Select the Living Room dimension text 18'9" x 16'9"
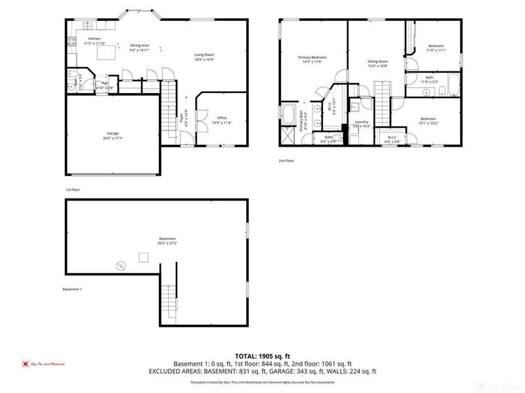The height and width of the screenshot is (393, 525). point(203,60)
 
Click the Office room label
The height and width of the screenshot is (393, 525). point(222,118)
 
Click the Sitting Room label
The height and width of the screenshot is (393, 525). point(377,61)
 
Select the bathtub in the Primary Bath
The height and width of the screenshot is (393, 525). point(288,115)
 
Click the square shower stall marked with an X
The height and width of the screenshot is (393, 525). point(287,138)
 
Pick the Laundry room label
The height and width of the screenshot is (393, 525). point(361,121)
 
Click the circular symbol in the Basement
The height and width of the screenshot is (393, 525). point(120,265)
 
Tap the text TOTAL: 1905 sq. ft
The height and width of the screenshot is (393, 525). point(262,356)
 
